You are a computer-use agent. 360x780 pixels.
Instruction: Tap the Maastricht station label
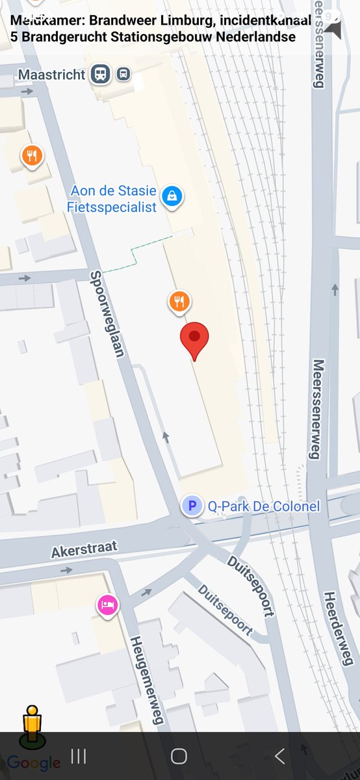pyautogui.click(x=51, y=75)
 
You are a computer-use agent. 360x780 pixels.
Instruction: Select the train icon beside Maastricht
pyautogui.click(x=100, y=74)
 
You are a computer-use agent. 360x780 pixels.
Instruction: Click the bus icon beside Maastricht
pyautogui.click(x=123, y=74)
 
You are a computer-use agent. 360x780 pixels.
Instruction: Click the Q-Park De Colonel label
pyautogui.click(x=263, y=505)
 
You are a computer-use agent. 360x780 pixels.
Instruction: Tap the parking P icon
pyautogui.click(x=192, y=505)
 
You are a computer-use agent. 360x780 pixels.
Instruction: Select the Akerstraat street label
pyautogui.click(x=84, y=549)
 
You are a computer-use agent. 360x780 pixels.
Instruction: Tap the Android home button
pyautogui.click(x=179, y=756)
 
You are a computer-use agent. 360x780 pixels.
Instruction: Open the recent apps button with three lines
pyautogui.click(x=79, y=756)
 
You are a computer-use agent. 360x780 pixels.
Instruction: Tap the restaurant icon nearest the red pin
pyautogui.click(x=180, y=301)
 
